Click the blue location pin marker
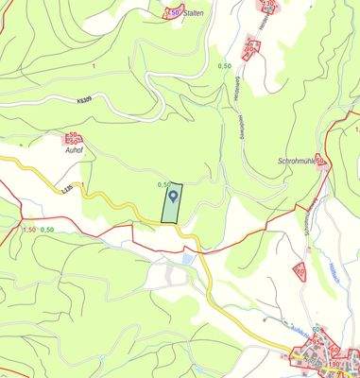coord(173,198)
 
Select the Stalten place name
coord(196,13)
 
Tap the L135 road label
coord(66,191)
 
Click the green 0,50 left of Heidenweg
coord(225,65)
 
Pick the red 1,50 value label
coord(28,230)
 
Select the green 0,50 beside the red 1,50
coord(47,230)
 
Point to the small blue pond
coord(189,258)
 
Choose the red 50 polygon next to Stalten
coord(172,12)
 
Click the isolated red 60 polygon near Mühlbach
coord(300,272)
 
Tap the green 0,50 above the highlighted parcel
coord(163,185)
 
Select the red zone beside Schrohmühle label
coord(319,161)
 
